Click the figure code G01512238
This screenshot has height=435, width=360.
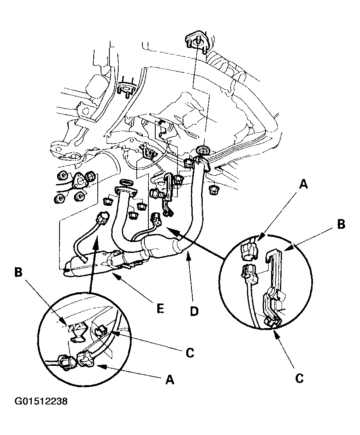[41, 401]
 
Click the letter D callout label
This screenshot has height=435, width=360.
[194, 311]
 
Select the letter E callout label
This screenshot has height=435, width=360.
[160, 308]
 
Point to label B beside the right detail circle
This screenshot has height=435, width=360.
[341, 224]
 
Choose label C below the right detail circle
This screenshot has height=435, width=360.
[299, 378]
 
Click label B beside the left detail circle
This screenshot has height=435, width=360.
[18, 272]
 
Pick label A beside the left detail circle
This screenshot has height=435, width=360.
[170, 380]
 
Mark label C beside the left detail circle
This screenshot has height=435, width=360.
[190, 353]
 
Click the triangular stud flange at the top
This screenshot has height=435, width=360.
[197, 41]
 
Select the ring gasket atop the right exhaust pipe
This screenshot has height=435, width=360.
[204, 150]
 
